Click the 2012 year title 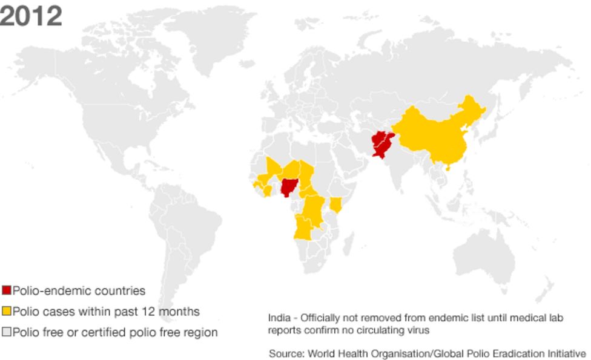tap(31, 16)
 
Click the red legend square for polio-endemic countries tap(7, 291)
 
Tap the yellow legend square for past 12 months tap(7, 312)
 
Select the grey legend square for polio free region tap(7, 332)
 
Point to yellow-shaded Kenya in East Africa tap(337, 204)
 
